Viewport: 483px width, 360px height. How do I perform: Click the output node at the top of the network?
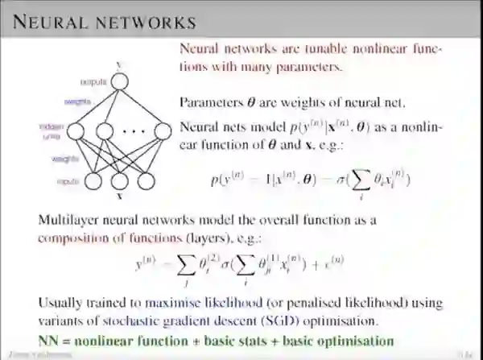(120, 81)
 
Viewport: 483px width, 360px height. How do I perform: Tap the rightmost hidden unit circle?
(157, 130)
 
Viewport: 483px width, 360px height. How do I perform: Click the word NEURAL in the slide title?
(42, 19)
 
